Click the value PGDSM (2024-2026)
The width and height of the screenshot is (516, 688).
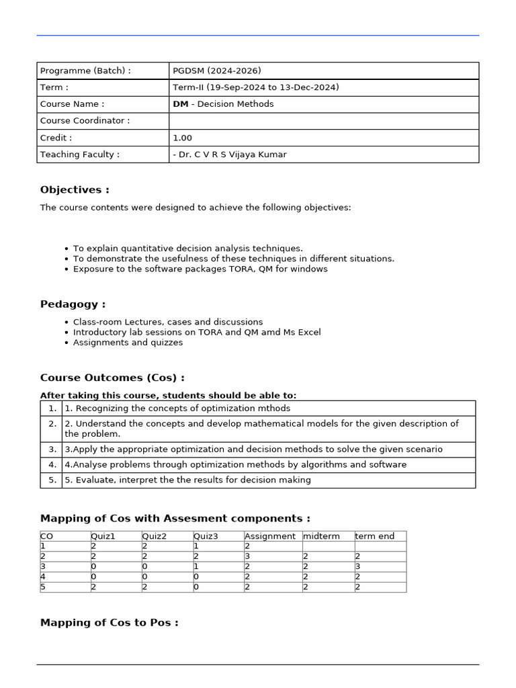(x=216, y=71)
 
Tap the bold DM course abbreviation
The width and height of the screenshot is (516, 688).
(x=180, y=104)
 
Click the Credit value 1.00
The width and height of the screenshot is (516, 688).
(x=182, y=138)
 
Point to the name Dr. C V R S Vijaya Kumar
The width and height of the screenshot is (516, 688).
(x=229, y=155)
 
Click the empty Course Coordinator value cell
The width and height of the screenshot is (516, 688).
(x=323, y=121)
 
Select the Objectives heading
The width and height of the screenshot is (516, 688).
(x=75, y=190)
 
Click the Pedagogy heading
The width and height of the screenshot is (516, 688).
(x=73, y=304)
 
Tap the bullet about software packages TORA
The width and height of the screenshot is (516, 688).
(x=200, y=269)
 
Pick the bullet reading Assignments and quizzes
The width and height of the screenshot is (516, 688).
(x=128, y=342)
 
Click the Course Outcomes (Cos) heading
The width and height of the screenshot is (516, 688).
(x=112, y=378)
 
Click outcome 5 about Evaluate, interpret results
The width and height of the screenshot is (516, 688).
(x=187, y=480)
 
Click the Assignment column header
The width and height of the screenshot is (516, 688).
(x=270, y=536)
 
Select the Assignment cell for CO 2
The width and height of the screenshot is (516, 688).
(x=272, y=556)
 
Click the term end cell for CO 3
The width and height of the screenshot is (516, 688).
(x=380, y=566)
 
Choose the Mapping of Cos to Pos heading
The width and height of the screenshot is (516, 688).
(x=110, y=623)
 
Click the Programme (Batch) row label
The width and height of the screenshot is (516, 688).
(x=85, y=71)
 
